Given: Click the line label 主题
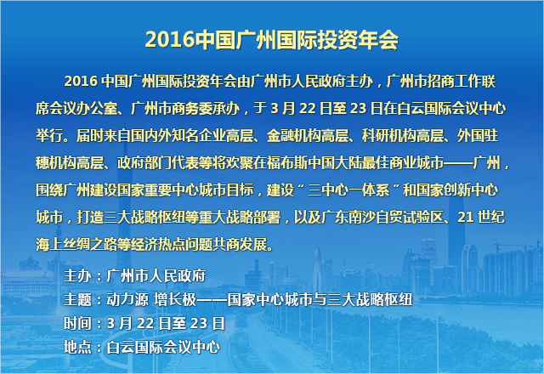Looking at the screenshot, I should coord(76,299).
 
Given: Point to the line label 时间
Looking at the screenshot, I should coord(76,323).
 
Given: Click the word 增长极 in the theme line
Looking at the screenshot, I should coord(178,299).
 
